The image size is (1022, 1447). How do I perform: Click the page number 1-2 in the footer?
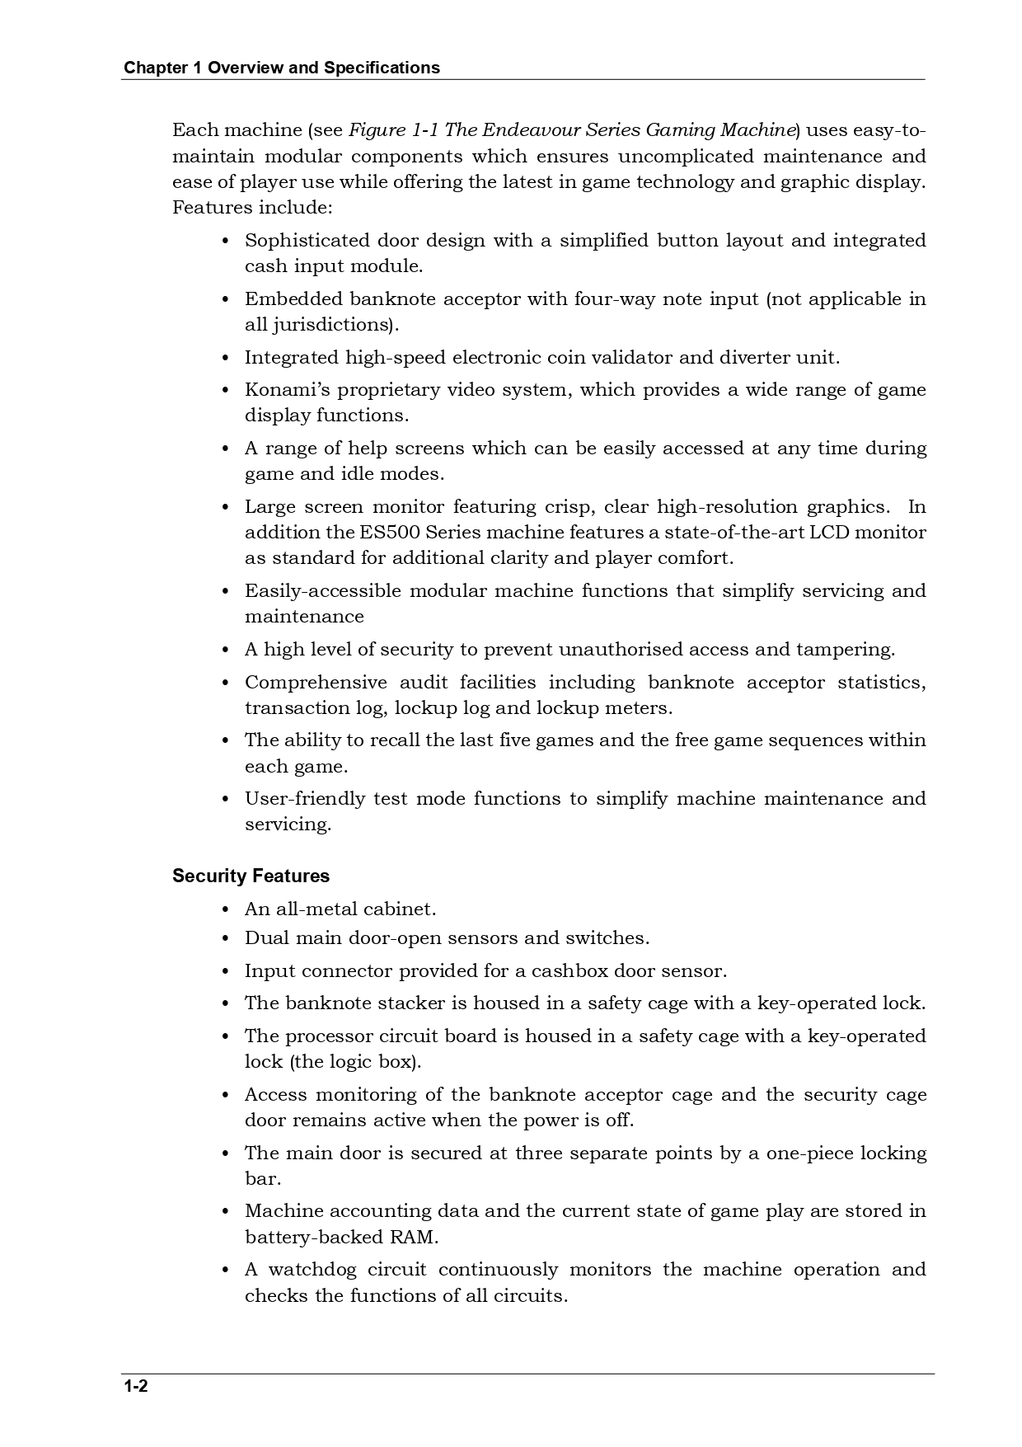click(x=135, y=1386)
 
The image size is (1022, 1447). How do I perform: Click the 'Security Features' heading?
click(x=251, y=876)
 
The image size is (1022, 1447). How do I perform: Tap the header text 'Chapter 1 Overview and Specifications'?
click(x=281, y=68)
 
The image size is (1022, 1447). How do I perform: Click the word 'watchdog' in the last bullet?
click(x=312, y=1269)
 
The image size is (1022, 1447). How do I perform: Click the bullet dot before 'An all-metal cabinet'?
click(x=226, y=909)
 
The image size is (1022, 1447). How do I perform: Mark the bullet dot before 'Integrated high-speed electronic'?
click(x=226, y=358)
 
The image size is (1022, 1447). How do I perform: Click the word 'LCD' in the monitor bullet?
click(x=828, y=532)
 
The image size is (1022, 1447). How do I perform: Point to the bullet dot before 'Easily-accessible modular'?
click(x=226, y=591)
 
